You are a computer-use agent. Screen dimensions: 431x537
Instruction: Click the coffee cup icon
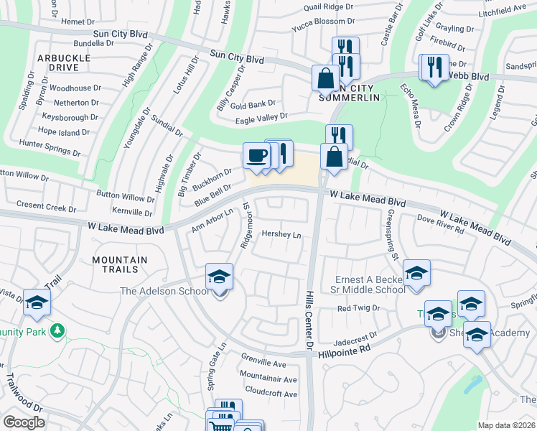256,155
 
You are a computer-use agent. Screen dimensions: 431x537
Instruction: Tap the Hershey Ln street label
281,234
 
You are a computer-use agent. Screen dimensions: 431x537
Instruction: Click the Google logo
24,422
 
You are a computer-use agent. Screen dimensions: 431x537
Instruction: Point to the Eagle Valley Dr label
261,116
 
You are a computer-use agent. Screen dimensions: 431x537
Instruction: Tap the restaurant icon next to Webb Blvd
434,68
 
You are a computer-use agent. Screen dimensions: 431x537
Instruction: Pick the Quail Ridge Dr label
329,6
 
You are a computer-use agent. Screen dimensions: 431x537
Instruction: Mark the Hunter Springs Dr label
50,148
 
